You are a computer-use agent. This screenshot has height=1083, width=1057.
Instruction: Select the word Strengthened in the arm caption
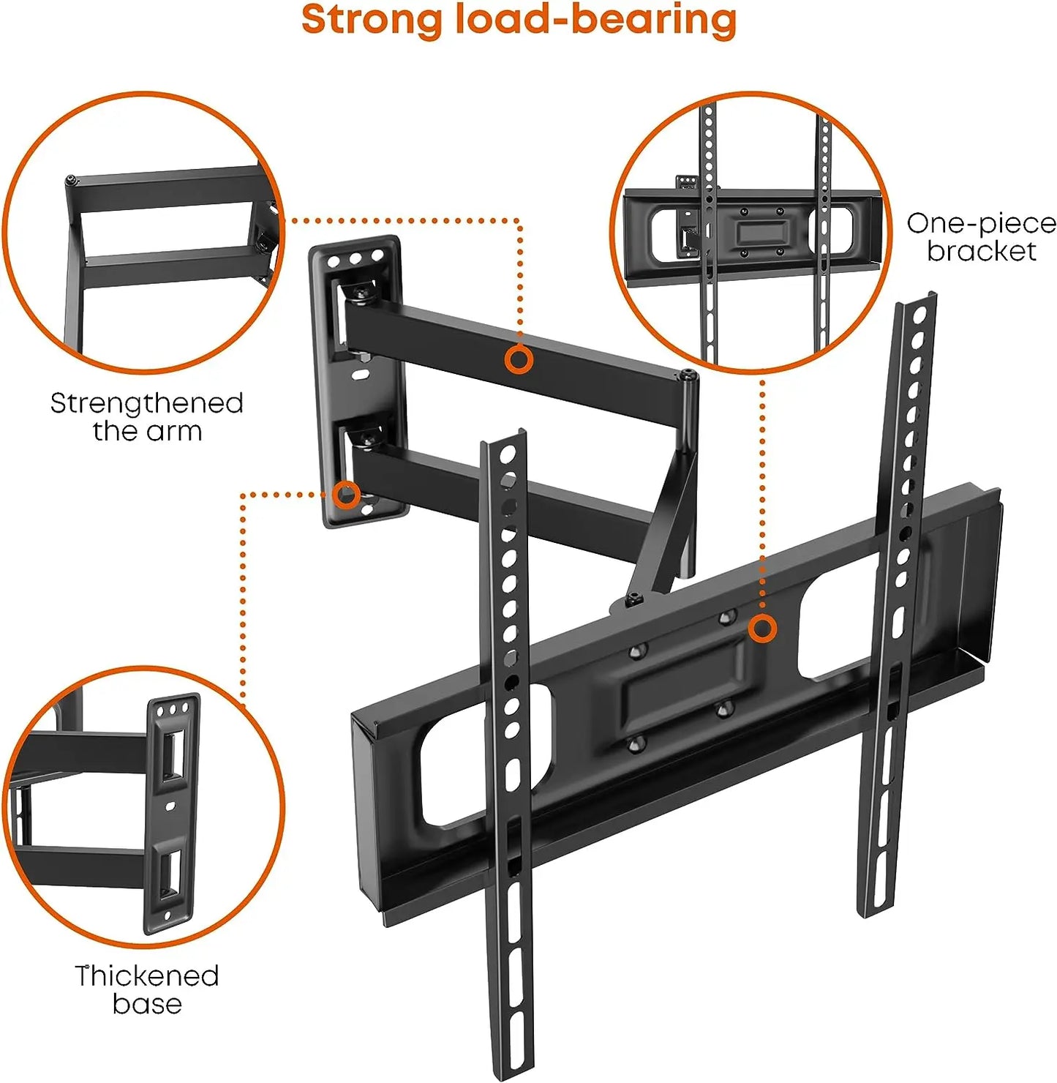[147, 403]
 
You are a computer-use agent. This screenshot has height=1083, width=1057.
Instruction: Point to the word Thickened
[147, 975]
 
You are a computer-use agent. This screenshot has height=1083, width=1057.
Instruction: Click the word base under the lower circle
[147, 1004]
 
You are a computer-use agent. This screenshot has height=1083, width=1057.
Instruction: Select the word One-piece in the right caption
[982, 224]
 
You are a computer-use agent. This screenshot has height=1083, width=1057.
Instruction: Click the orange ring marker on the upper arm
[519, 360]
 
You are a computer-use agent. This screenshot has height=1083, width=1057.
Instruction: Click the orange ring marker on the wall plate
[346, 494]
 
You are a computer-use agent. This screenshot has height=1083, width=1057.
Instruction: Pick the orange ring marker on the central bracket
[761, 629]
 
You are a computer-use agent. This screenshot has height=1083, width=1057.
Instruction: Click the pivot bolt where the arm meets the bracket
[633, 599]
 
